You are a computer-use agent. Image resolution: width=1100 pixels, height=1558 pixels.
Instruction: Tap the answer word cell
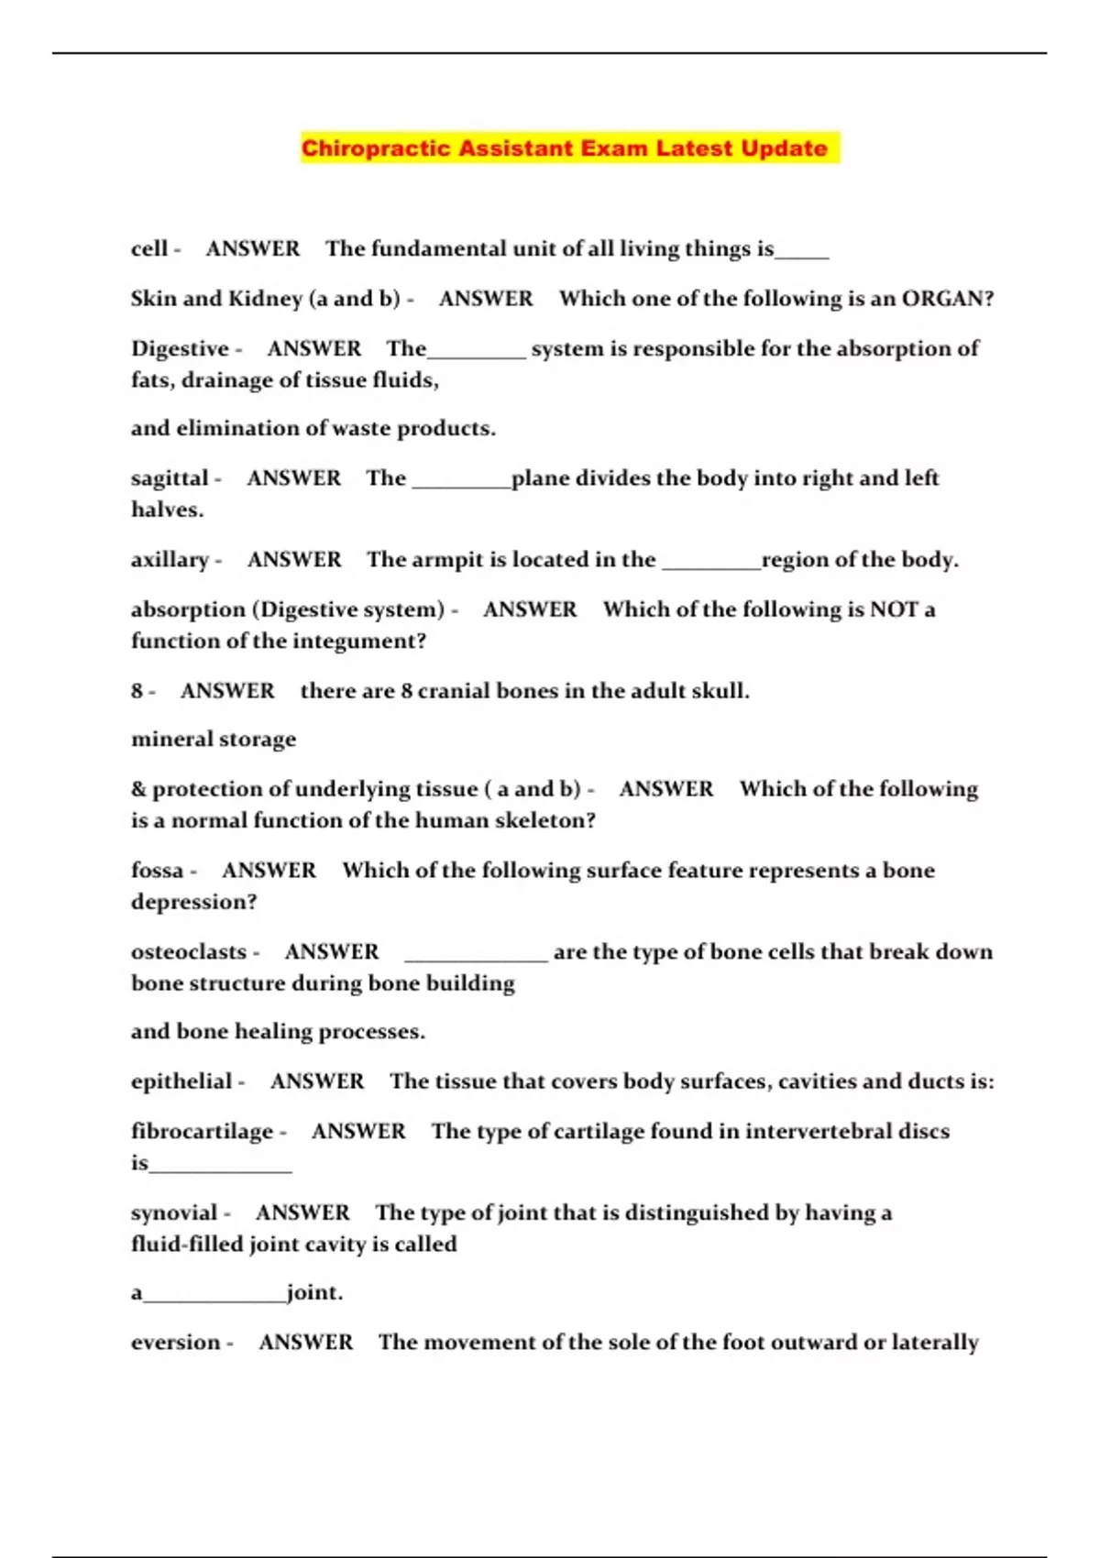(148, 249)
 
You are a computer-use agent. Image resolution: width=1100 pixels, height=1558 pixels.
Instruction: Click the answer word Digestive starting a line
(180, 349)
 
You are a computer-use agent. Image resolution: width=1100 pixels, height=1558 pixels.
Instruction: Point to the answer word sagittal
(170, 478)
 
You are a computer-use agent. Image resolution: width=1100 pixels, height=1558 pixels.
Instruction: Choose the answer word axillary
(170, 560)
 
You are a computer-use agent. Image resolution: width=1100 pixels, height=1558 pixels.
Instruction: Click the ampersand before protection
(138, 789)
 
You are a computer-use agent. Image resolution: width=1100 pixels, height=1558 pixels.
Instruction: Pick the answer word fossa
(157, 871)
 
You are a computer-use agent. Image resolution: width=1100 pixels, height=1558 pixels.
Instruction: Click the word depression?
(193, 902)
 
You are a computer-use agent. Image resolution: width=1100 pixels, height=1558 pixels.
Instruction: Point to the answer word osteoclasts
(189, 952)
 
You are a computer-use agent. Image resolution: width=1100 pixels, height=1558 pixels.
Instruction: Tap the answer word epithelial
(181, 1081)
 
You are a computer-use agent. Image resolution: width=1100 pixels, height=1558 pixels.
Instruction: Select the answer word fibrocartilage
(202, 1132)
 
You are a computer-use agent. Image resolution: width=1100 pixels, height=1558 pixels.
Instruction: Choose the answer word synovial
(174, 1213)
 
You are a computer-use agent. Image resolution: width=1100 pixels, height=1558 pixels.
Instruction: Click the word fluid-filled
(188, 1245)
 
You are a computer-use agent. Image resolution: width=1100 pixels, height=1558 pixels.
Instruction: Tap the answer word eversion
(176, 1343)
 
